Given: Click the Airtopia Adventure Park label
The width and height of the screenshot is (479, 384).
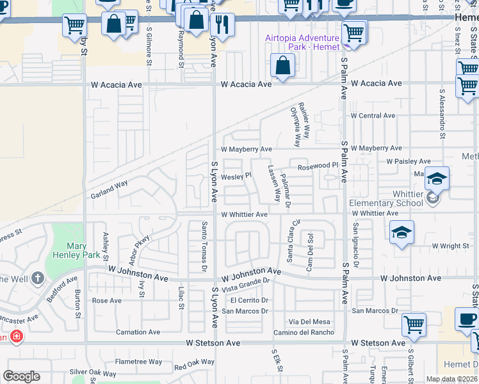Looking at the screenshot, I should pos(302,43).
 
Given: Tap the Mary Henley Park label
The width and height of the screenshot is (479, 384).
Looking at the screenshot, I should pos(85,250).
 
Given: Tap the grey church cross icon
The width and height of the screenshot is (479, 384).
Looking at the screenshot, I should pos(38,278).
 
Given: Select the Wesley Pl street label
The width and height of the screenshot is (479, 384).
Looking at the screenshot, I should pos(236,177).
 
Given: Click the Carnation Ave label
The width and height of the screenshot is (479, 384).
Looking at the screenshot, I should pos(138,332).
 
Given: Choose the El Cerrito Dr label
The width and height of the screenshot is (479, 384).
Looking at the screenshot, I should pos(249,300).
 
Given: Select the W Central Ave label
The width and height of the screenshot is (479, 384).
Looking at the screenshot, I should pos(373,116).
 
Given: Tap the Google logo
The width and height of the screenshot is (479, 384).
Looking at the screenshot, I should pos(22,376).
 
